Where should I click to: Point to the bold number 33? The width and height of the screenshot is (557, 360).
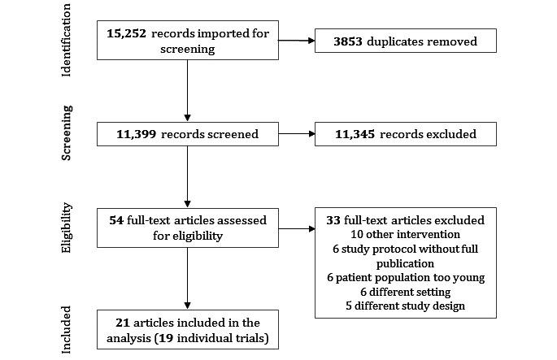pyautogui.click(x=333, y=219)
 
